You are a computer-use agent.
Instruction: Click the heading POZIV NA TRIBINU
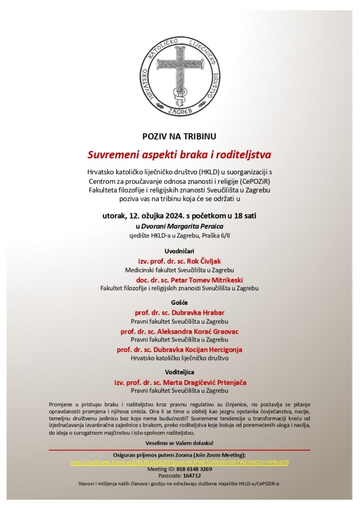coord(179,135)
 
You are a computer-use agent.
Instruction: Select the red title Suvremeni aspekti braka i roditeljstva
coord(179,153)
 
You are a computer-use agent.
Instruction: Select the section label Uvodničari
coord(179,251)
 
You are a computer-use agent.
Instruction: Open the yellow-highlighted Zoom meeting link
coord(179,462)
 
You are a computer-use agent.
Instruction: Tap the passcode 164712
coord(192,476)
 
